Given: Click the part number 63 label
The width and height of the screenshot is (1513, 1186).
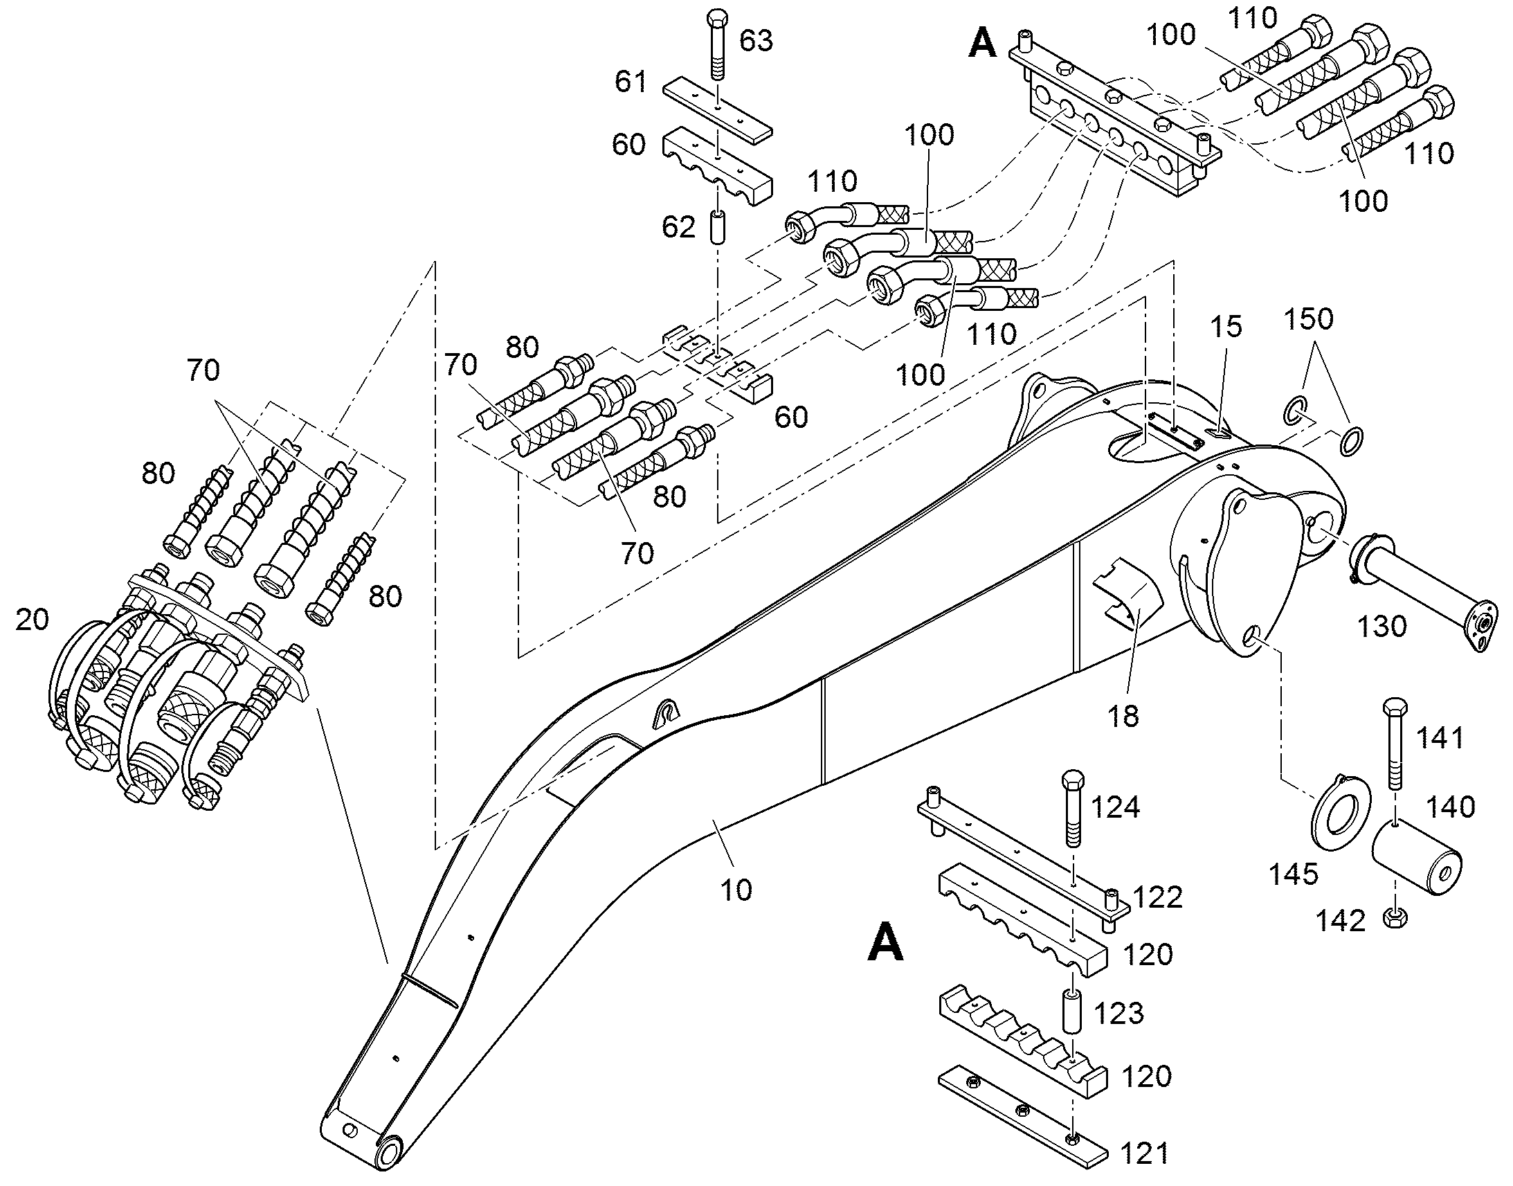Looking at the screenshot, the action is point(756,41).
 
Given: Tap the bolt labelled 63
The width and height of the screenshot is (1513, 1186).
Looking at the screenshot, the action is point(718,46).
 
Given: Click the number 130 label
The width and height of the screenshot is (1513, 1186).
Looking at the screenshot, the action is point(1381,627).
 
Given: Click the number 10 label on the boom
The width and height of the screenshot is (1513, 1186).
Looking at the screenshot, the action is point(736,890).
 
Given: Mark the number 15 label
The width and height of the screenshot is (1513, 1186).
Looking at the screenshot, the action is point(1226,326).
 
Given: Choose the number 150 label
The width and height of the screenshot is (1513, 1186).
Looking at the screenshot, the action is point(1309,318).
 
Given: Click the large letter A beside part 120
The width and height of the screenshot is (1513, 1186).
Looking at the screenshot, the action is point(886,941).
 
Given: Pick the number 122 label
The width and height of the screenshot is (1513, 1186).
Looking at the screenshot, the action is point(1158,897).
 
